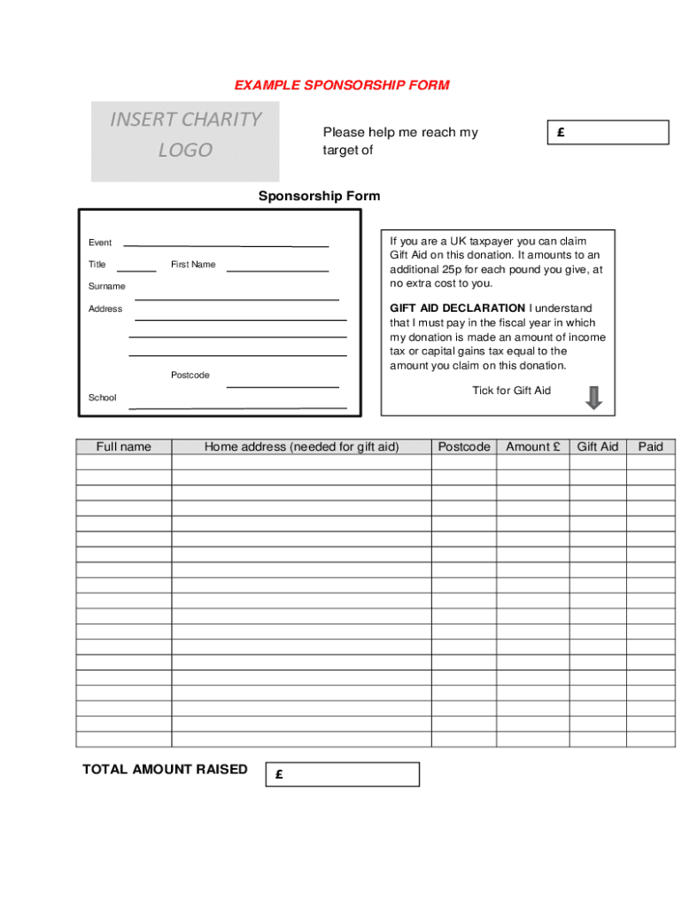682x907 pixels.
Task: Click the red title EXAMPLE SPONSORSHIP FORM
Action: (342, 86)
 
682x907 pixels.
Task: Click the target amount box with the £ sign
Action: (607, 133)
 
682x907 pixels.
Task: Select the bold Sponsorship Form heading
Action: (319, 196)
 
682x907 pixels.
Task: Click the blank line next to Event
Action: (226, 244)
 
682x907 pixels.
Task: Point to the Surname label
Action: (107, 286)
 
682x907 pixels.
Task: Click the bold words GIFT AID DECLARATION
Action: (457, 308)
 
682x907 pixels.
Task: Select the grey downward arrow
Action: (593, 398)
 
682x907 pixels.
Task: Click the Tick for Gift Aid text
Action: (511, 391)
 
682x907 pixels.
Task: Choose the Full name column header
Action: (124, 446)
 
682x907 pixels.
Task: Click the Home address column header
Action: (301, 446)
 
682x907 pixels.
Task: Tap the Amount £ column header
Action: (532, 446)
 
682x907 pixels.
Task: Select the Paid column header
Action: (650, 446)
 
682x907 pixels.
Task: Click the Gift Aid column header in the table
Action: (598, 446)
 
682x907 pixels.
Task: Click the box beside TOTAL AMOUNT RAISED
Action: (342, 774)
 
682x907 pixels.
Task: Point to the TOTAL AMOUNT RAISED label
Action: (165, 769)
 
